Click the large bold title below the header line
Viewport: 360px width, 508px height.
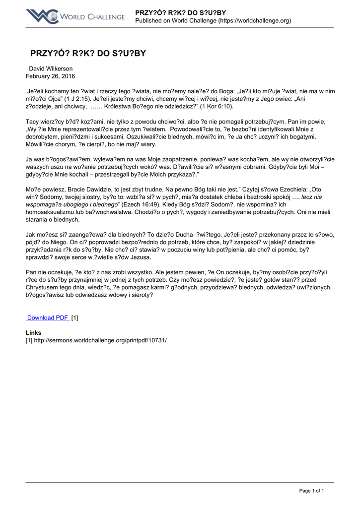tap(88, 53)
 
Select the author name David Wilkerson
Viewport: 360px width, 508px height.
tap(51, 68)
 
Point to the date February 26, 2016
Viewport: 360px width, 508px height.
tap(51, 76)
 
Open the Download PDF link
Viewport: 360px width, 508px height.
tap(48, 317)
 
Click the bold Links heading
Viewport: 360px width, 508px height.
tap(33, 332)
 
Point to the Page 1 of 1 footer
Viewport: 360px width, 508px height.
tap(311, 491)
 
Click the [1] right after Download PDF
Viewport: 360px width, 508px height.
tap(74, 317)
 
